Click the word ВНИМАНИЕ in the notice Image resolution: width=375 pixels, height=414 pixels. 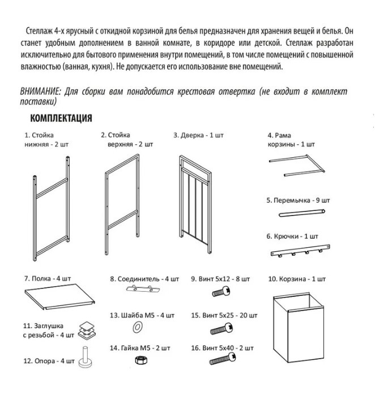click(40, 92)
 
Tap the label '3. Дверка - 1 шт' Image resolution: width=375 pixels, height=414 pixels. click(199, 136)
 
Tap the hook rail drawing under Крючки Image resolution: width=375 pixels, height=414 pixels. click(297, 250)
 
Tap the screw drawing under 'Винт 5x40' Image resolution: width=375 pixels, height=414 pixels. click(224, 358)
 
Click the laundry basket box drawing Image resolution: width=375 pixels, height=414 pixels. click(296, 328)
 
